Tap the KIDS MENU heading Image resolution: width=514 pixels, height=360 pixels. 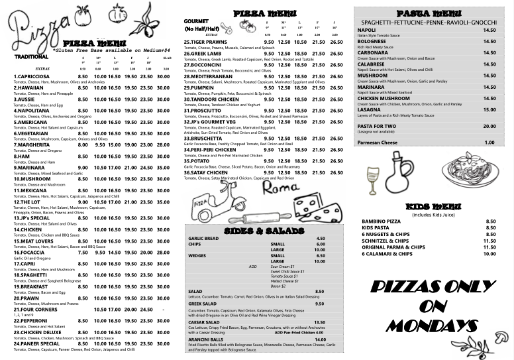click(x=431, y=206)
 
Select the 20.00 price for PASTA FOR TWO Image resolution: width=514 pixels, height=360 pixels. click(x=489, y=126)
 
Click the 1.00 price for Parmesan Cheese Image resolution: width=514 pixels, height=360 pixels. click(x=489, y=143)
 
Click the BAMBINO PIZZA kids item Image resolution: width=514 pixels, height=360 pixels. click(x=381, y=221)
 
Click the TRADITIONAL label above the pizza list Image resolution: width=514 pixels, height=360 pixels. click(x=32, y=57)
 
